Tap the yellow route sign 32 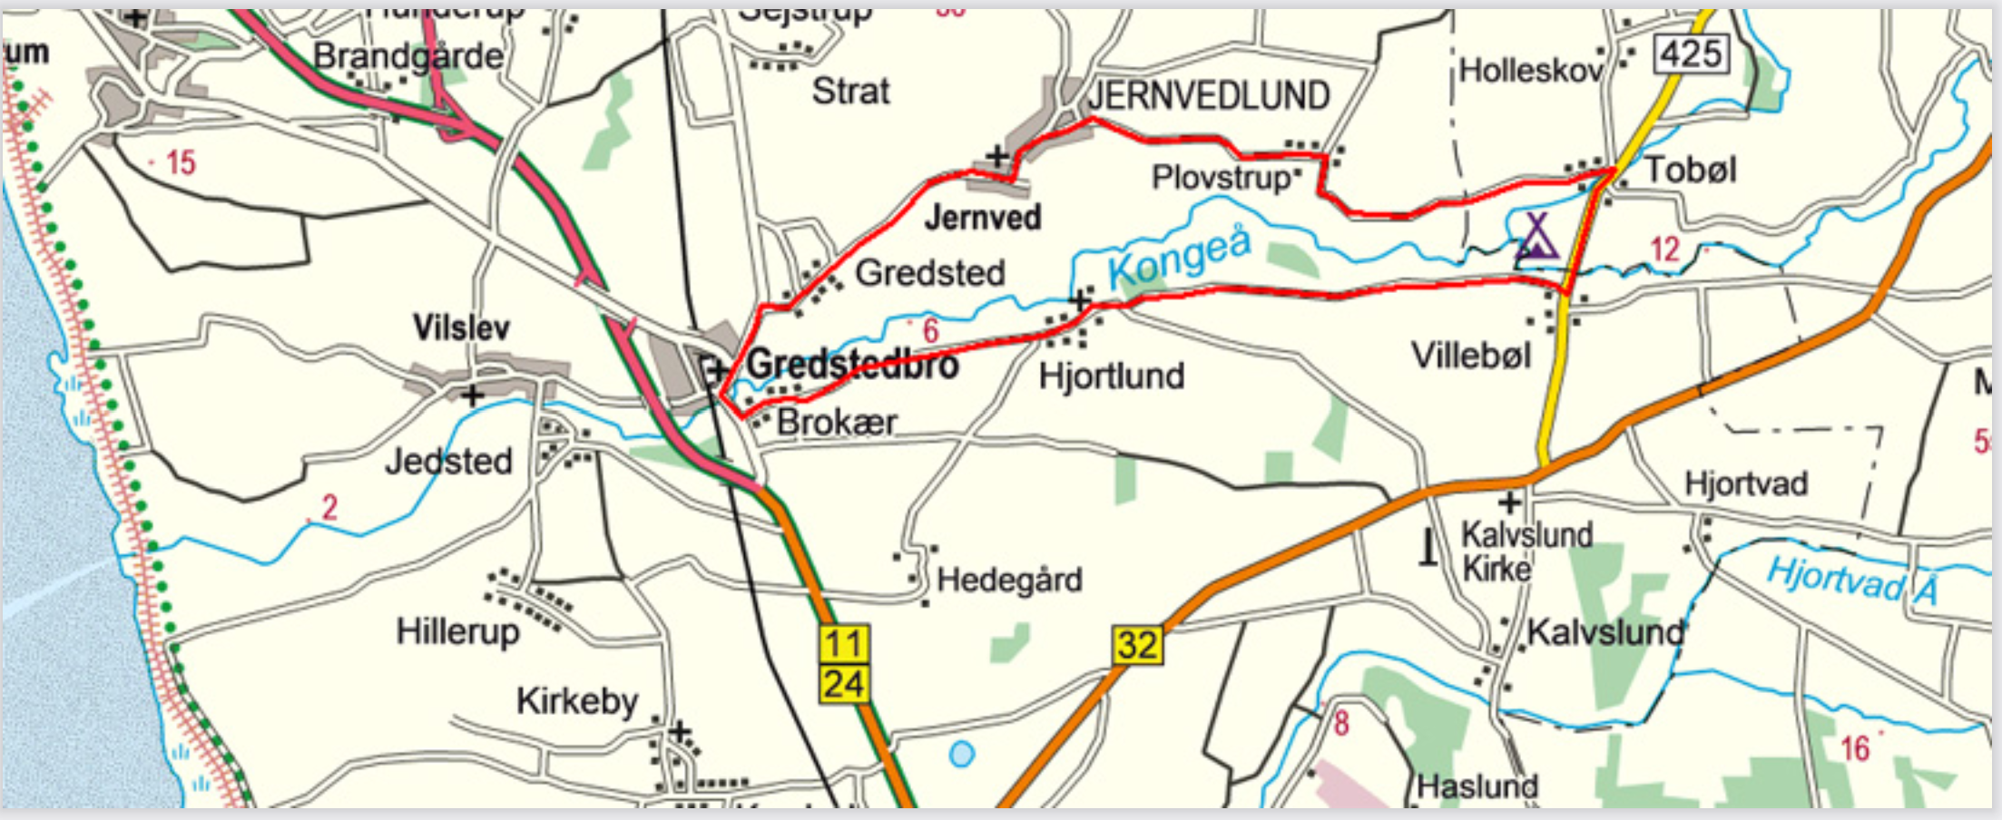click(x=1137, y=645)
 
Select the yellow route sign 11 click(x=844, y=644)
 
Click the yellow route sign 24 click(x=844, y=684)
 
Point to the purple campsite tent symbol click(x=1536, y=238)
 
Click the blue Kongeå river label click(x=1180, y=256)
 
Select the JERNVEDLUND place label click(x=1208, y=96)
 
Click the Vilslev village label click(x=461, y=327)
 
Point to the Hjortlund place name click(x=1112, y=376)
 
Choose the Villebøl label click(x=1470, y=356)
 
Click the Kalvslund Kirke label click(x=1526, y=552)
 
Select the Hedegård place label click(x=1009, y=580)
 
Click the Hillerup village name click(x=457, y=631)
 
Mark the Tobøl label click(x=1690, y=170)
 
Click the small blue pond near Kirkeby click(x=961, y=754)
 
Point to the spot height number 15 click(x=180, y=163)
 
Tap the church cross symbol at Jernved click(x=997, y=156)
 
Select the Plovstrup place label click(x=1221, y=178)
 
